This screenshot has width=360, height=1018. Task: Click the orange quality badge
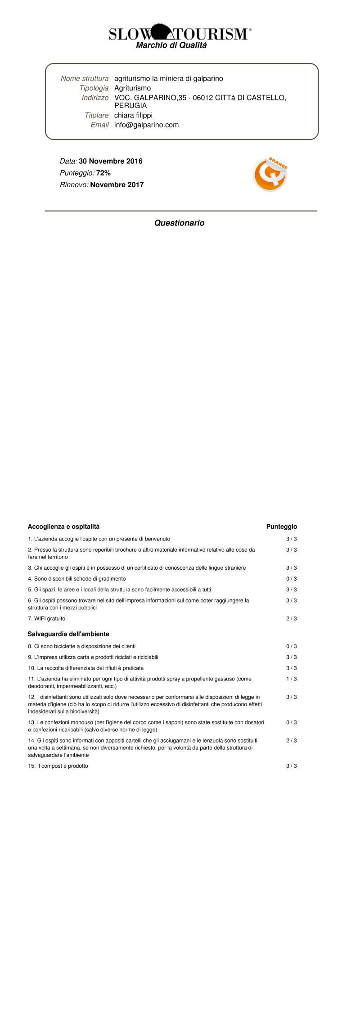tap(270, 175)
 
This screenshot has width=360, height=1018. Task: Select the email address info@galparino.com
tap(146, 125)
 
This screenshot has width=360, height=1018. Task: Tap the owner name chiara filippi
tap(133, 115)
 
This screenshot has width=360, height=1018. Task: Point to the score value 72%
tap(103, 173)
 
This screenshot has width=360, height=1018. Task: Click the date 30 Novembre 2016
tap(111, 161)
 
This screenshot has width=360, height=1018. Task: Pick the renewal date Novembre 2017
tap(117, 185)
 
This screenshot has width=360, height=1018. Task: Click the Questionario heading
tap(179, 223)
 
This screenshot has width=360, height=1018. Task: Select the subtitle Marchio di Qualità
tap(171, 45)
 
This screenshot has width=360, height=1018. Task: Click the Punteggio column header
tap(282, 527)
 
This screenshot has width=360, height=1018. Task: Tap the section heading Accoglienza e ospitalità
tap(63, 527)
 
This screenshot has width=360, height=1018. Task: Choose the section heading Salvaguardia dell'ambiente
tap(68, 634)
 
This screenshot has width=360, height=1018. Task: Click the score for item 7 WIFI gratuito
tap(292, 619)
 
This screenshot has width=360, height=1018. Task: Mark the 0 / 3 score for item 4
tap(292, 579)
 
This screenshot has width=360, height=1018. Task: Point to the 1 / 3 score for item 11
tap(292, 679)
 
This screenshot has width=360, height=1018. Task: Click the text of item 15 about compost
tap(58, 766)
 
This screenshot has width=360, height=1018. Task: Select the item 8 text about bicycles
tap(82, 646)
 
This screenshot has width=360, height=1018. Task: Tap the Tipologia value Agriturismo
tap(132, 88)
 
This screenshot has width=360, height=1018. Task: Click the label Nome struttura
tap(85, 78)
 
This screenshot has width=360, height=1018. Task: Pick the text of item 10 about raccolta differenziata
tap(86, 668)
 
